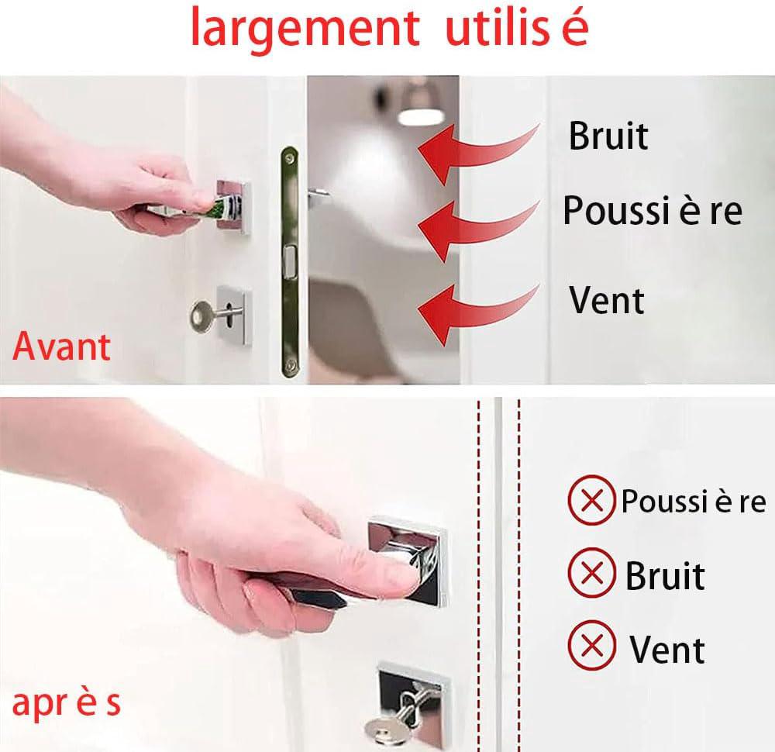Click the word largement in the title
coord(301,29)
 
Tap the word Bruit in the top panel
coord(608,136)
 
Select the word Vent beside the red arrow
coord(607,300)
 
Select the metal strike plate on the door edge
coord(290,264)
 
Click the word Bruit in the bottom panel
coord(665,575)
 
